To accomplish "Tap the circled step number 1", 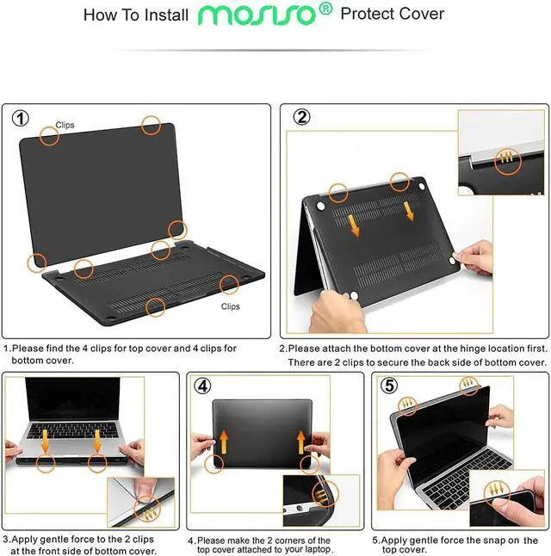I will coord(21,118).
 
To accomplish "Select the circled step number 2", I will coord(302,117).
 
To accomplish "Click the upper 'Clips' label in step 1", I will coord(65,126).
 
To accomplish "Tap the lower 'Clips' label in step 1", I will coord(230,306).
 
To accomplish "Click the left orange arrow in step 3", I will coord(45,441).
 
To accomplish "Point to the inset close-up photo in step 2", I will coord(499,142).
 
